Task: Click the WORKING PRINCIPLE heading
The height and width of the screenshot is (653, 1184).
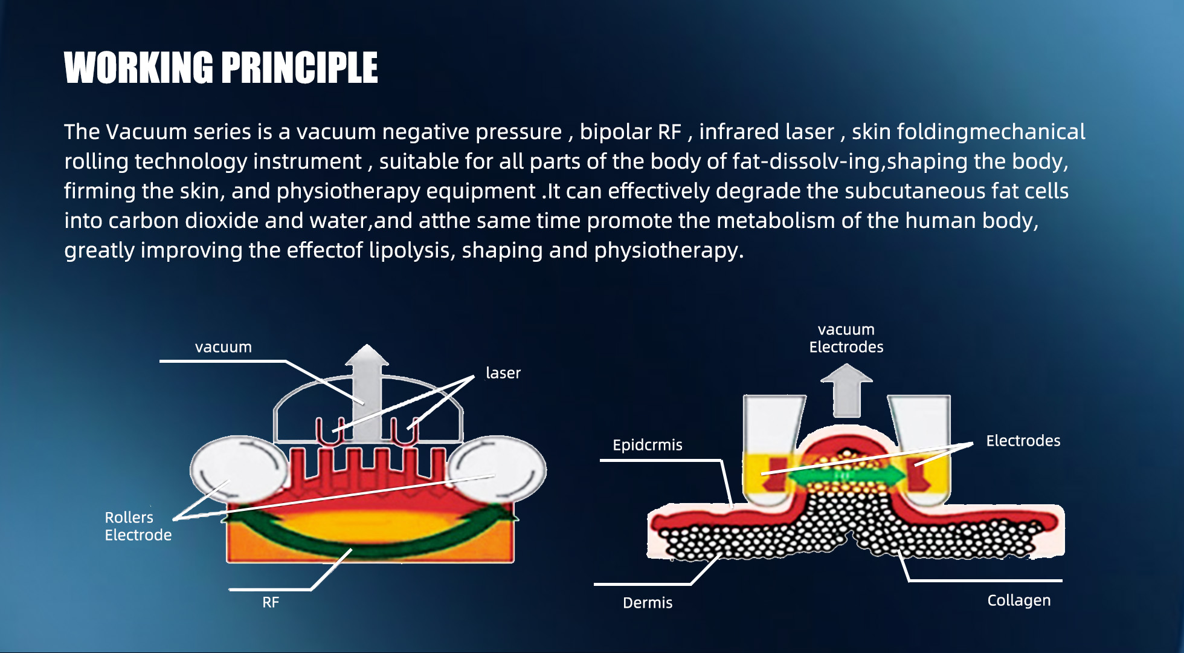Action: pos(221,67)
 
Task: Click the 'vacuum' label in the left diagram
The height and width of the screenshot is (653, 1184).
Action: pos(224,347)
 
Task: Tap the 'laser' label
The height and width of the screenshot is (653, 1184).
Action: pos(503,372)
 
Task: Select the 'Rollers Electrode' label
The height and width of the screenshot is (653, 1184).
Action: pos(138,526)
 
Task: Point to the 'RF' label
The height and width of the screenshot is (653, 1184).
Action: pos(271,602)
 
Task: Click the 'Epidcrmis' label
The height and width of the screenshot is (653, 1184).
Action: pos(648,445)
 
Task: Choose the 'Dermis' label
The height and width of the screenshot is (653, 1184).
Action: pos(648,603)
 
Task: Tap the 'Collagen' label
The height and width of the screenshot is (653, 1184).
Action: pos(1019,600)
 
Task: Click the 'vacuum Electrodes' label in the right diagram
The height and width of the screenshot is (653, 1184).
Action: pos(846,339)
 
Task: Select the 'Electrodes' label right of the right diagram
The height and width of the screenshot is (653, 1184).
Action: pos(1023,441)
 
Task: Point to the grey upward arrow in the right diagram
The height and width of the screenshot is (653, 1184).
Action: pos(846,390)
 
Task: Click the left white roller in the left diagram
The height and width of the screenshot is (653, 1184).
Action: pos(239,470)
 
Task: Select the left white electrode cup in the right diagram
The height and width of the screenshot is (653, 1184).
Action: pos(770,450)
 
